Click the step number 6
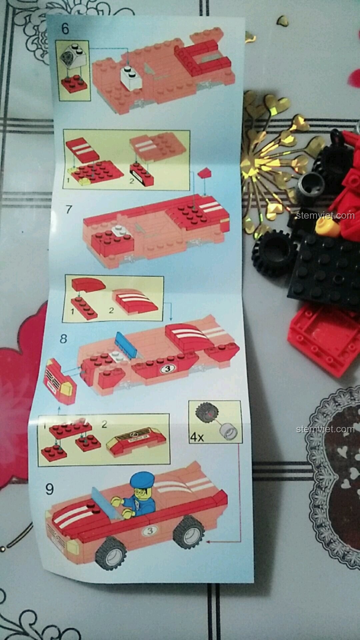tap(65, 29)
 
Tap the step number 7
tap(69, 209)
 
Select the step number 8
tap(63, 339)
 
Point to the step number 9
tap(49, 489)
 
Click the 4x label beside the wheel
tap(197, 437)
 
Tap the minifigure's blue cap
tap(141, 480)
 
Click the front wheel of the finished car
tap(111, 553)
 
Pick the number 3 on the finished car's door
tap(150, 530)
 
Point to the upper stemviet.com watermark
tap(325, 215)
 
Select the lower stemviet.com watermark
tap(325, 429)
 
